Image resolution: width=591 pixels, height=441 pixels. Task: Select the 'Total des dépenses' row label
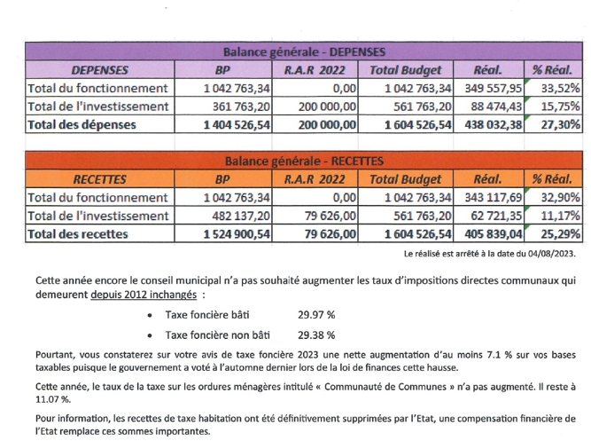click(82, 125)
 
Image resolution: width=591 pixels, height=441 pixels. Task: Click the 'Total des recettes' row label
click(78, 234)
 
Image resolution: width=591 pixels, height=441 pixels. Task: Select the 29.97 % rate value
click(316, 314)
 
